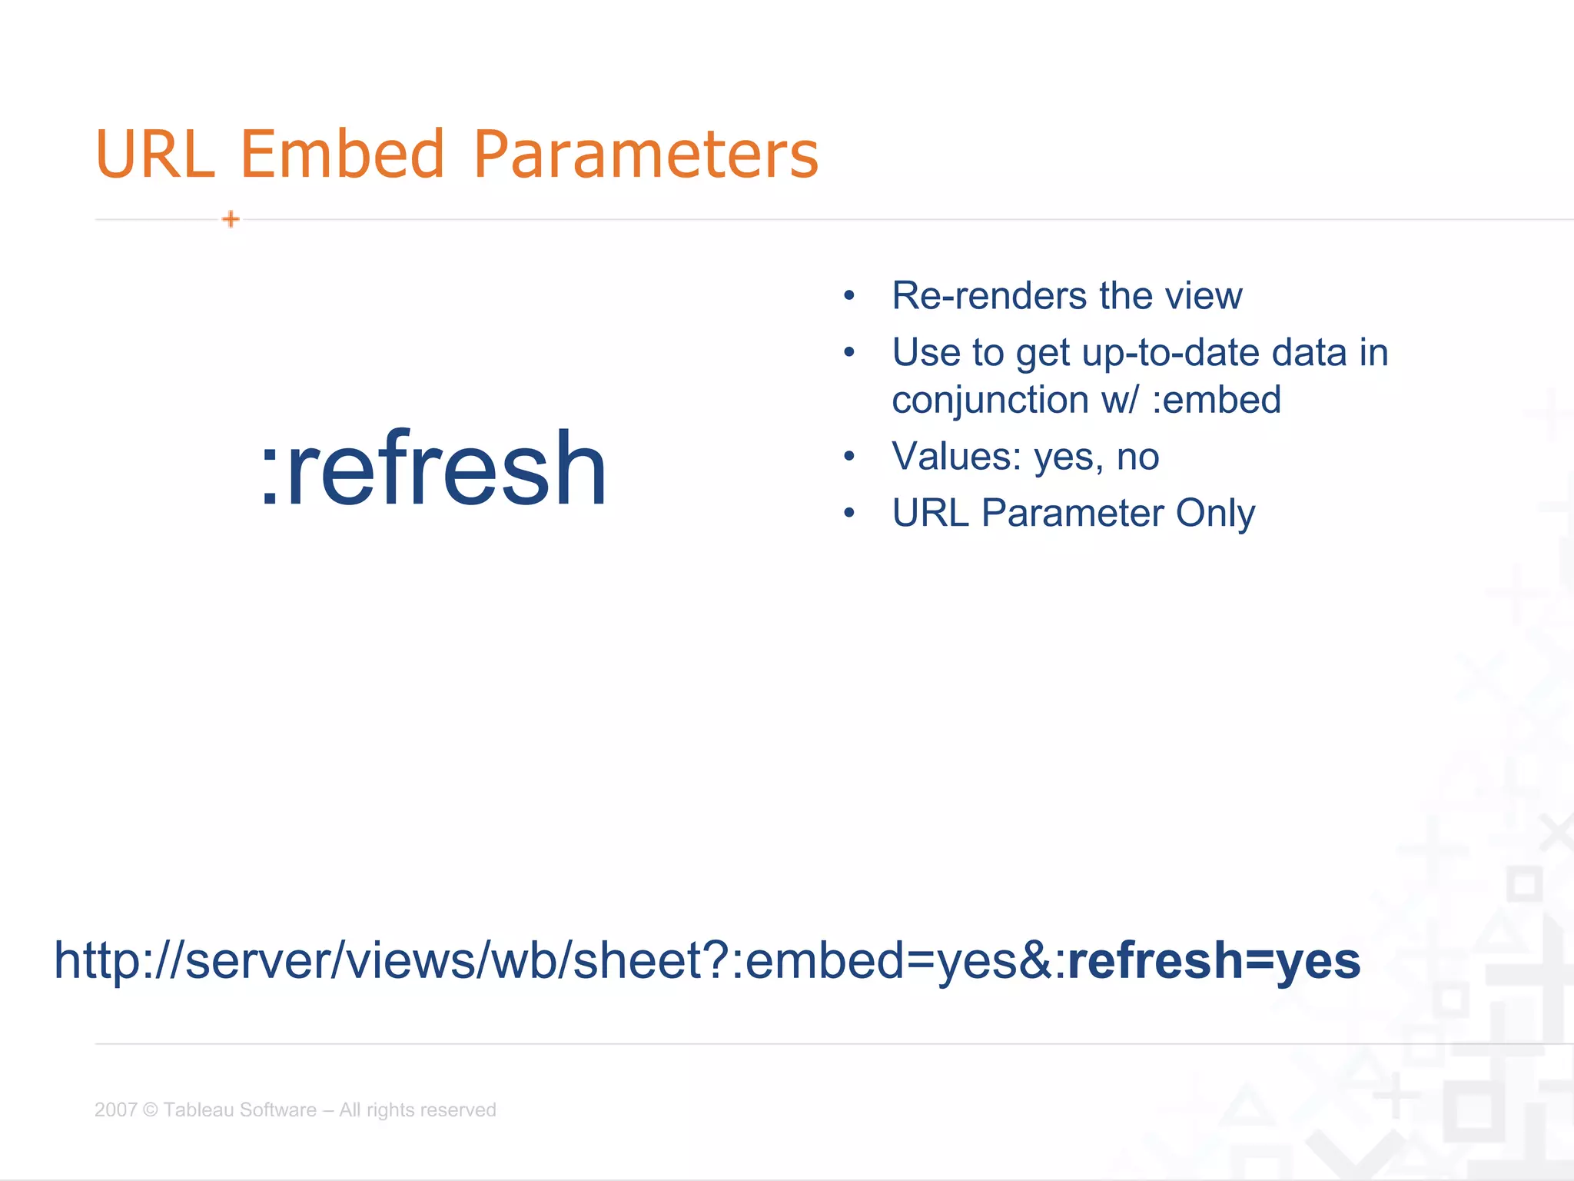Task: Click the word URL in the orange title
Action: (x=154, y=155)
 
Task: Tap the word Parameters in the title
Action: (x=646, y=155)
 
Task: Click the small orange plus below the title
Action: (x=231, y=220)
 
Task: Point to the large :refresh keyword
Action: (x=434, y=469)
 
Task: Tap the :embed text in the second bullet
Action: (x=1216, y=401)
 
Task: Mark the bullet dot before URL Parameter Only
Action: (x=848, y=514)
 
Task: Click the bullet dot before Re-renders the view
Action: (x=848, y=296)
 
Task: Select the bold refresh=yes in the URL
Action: (x=1214, y=961)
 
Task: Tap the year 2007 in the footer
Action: (x=115, y=1110)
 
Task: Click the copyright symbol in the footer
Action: (x=150, y=1110)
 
